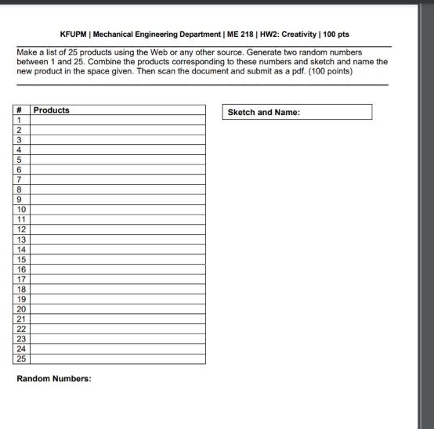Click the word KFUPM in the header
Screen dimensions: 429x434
click(x=74, y=35)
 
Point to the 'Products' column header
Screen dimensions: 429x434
click(x=52, y=110)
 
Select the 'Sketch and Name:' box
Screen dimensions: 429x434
click(x=298, y=113)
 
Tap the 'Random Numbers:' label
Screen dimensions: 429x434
click(x=54, y=379)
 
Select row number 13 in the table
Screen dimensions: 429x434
click(x=21, y=240)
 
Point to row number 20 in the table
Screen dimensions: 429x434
click(x=21, y=309)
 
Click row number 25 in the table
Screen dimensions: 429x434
click(x=21, y=359)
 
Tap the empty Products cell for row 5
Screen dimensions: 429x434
click(x=118, y=160)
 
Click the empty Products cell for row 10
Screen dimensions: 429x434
click(x=118, y=209)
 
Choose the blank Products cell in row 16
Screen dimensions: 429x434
click(x=118, y=269)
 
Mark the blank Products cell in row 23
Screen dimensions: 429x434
click(x=118, y=339)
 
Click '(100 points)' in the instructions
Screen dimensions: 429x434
click(x=331, y=71)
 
